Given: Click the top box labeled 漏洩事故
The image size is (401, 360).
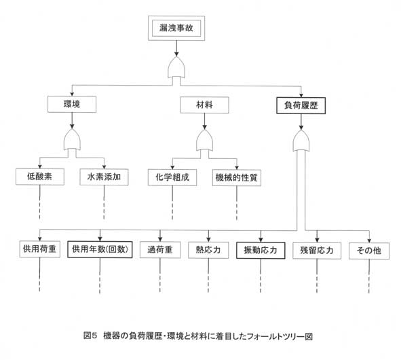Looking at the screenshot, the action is (176, 28).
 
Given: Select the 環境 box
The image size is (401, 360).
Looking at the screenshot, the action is (72, 104).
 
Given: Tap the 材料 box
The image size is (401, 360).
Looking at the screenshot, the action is (204, 105).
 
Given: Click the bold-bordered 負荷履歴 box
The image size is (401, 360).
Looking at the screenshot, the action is (301, 105).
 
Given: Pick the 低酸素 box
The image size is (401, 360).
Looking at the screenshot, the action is (40, 177).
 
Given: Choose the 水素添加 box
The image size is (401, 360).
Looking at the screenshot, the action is (104, 177).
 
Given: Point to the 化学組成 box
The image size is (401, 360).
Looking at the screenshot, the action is (172, 177).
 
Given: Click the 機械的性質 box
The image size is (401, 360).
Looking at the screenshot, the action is (237, 178).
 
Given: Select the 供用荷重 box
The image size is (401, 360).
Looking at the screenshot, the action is (40, 249).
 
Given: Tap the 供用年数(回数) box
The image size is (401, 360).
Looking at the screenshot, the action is (100, 249).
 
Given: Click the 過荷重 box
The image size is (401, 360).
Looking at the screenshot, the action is (160, 250).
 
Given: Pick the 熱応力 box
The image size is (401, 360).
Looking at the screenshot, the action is (208, 250).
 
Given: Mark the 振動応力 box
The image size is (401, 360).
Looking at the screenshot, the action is (261, 251).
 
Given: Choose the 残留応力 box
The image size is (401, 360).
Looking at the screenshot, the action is (317, 251).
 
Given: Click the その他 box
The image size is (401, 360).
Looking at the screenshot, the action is (369, 251).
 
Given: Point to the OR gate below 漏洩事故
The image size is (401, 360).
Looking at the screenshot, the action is (176, 68).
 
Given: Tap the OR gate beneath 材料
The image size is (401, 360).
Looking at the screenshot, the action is (205, 140).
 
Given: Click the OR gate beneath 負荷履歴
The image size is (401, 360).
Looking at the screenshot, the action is (301, 141).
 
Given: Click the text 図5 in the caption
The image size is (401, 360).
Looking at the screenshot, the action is (90, 336).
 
